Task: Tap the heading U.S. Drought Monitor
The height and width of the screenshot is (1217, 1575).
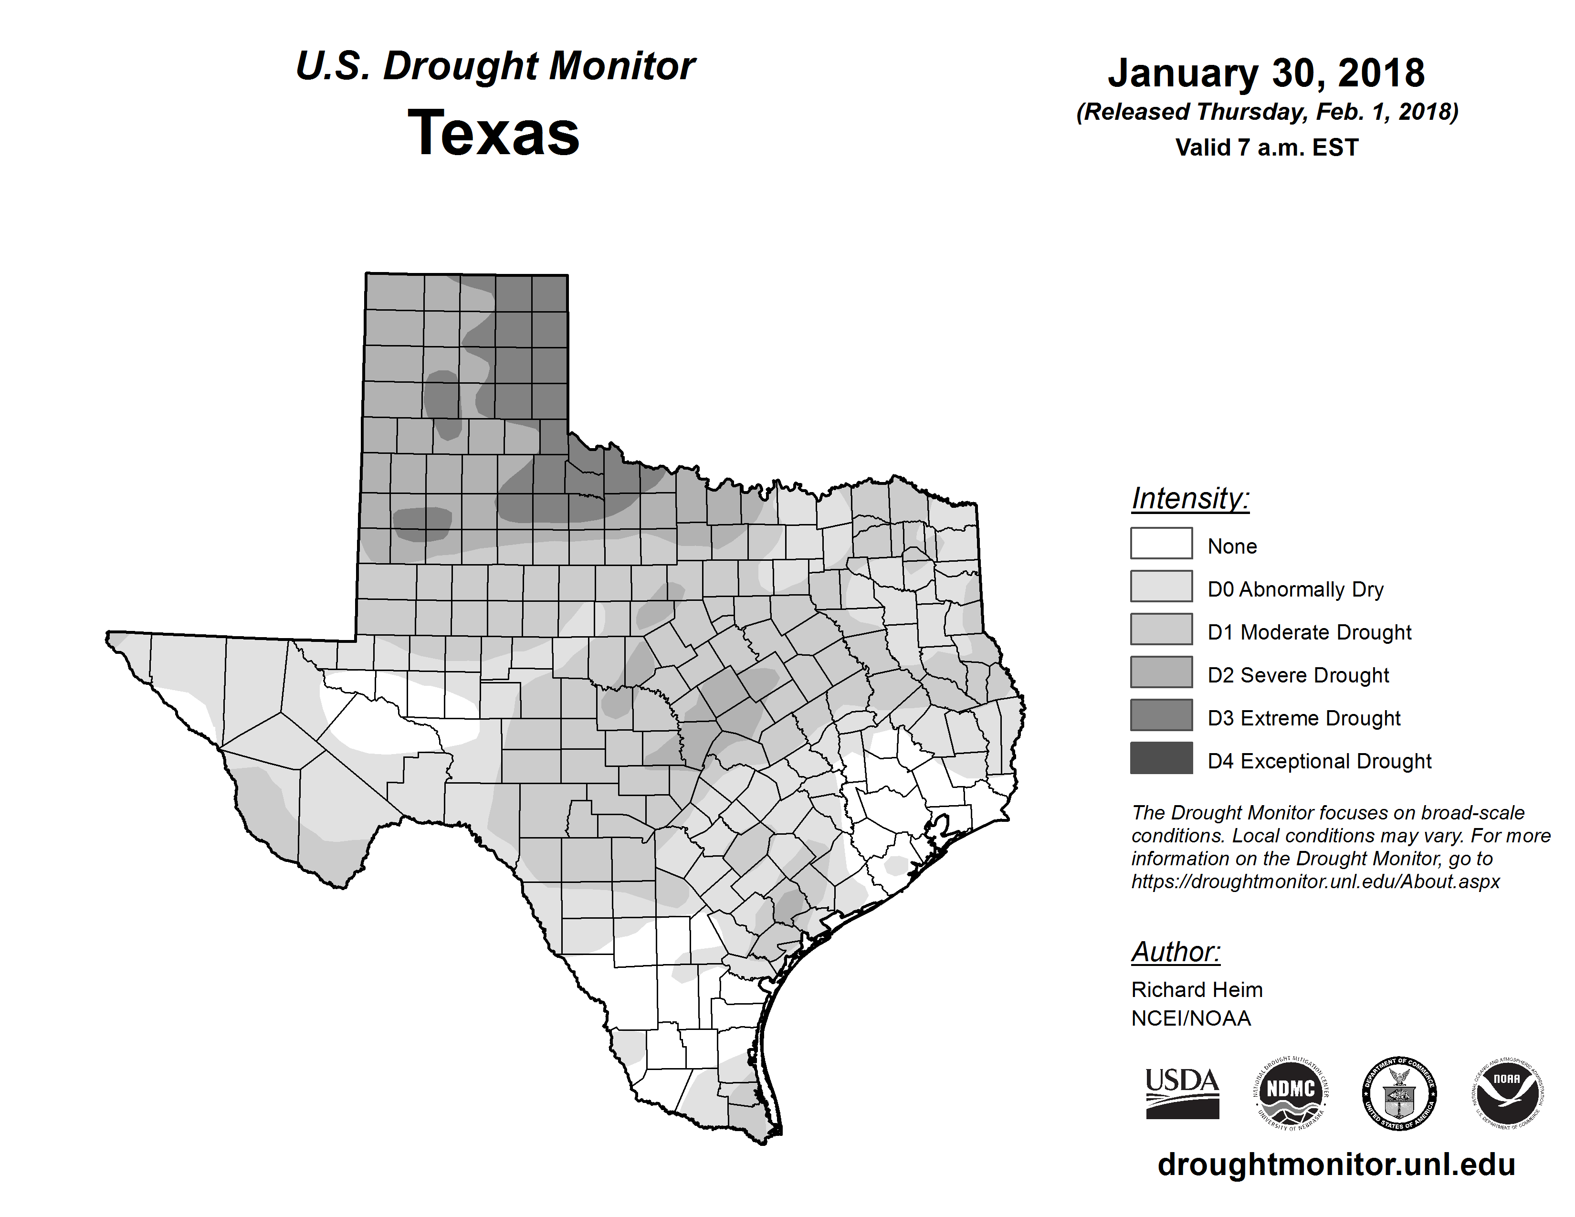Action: click(495, 66)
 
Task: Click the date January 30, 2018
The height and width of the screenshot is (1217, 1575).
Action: click(1266, 73)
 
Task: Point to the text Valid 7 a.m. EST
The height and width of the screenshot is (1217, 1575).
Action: click(1266, 148)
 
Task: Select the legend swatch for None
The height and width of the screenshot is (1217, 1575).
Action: click(1161, 544)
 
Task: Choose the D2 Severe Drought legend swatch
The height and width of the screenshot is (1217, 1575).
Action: click(1161, 672)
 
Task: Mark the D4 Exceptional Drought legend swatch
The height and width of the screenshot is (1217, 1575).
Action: click(1161, 758)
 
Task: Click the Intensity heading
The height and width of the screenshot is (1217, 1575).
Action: click(1190, 499)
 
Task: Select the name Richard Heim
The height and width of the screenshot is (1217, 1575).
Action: click(1197, 990)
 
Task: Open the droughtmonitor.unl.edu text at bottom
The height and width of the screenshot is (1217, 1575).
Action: click(1336, 1165)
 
